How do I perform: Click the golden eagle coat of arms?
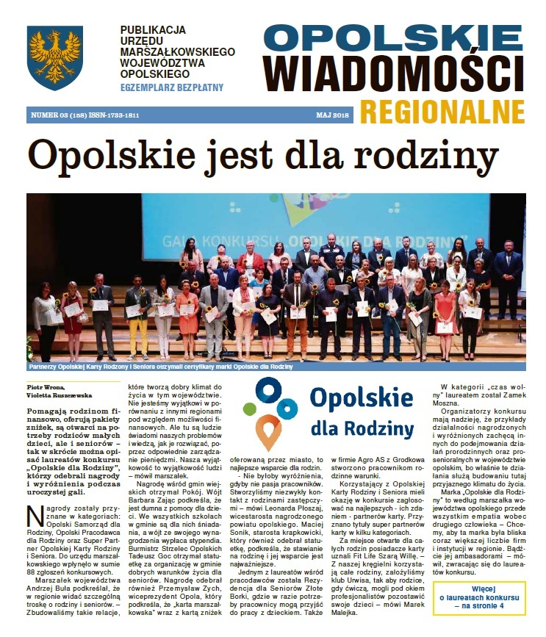pos(55,58)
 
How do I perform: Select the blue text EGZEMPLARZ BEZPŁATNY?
pos(172,87)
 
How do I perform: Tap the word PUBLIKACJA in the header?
pos(150,30)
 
